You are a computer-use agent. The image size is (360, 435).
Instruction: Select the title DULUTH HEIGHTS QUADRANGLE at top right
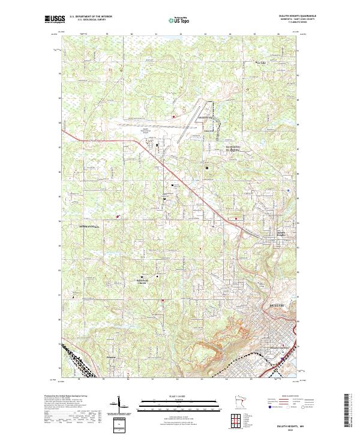298,16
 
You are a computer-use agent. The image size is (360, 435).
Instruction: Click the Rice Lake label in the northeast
260,62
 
